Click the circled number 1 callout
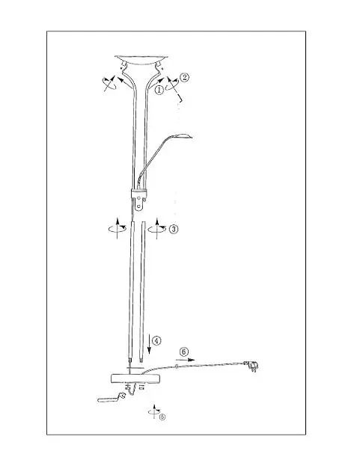[x=159, y=90]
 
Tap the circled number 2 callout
[x=184, y=78]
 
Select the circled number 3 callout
[x=174, y=229]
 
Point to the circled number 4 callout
[x=156, y=340]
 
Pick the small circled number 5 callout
[x=162, y=417]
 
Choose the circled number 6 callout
[x=184, y=352]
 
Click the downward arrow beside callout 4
[x=149, y=344]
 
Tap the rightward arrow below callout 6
[x=186, y=360]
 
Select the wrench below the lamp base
[x=111, y=398]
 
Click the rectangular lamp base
[x=135, y=378]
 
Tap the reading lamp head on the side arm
[x=183, y=136]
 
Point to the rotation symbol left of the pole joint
[x=118, y=229]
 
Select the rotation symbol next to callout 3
[x=157, y=229]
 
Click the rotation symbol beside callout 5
[x=153, y=411]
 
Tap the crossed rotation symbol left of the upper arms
[x=109, y=83]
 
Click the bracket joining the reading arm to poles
[x=138, y=198]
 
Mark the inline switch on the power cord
[x=177, y=367]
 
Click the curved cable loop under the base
[x=132, y=390]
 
